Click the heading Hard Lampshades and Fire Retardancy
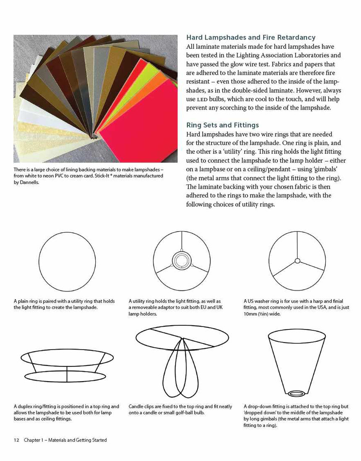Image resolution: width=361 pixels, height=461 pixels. click(251, 37)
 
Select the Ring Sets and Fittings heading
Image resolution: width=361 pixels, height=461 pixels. click(222, 125)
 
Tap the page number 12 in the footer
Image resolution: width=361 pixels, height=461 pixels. click(16, 440)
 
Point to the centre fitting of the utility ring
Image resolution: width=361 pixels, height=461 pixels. click(182, 261)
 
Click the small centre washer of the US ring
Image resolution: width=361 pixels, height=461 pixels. click(297, 261)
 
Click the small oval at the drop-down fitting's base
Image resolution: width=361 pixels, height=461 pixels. click(297, 393)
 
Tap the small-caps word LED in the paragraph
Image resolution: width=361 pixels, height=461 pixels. click(203, 100)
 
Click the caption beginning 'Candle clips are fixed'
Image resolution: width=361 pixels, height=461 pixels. click(180, 410)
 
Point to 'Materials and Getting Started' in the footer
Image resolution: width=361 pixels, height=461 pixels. click(78, 440)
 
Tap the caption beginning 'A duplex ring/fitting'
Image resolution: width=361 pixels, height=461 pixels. click(66, 413)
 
